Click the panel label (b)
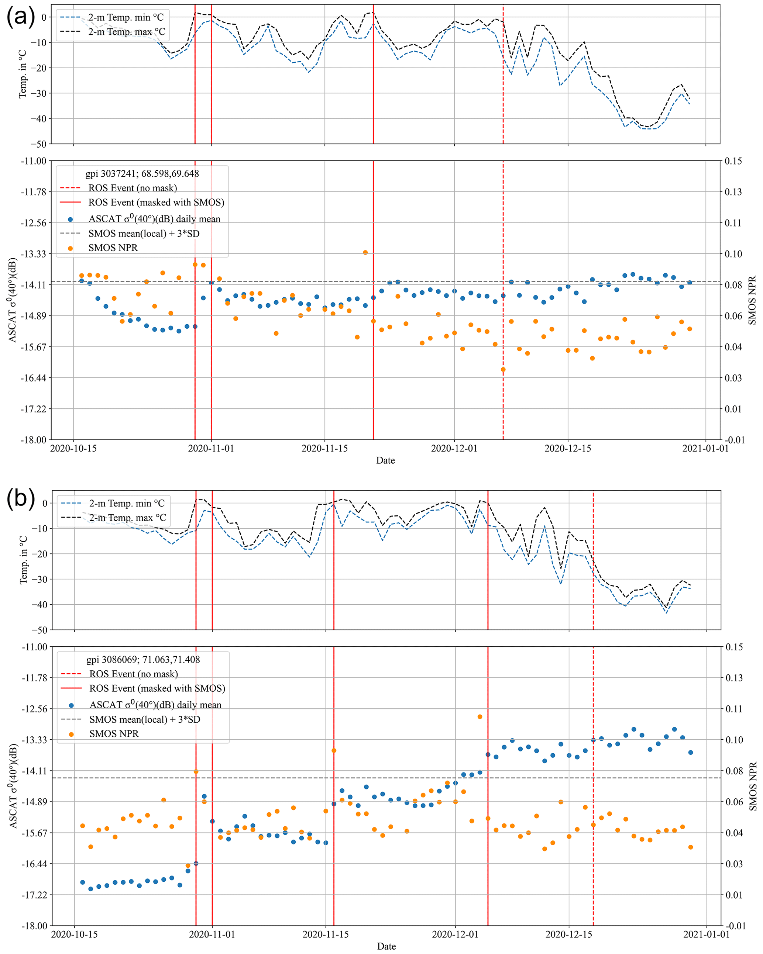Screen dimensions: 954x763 (20, 499)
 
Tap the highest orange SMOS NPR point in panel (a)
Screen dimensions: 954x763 (365, 253)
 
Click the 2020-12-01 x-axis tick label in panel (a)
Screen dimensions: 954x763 (454, 448)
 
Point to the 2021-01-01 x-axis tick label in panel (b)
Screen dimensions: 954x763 (706, 934)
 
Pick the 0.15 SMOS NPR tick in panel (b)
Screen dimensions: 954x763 (733, 647)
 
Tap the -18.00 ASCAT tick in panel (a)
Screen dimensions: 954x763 (34, 440)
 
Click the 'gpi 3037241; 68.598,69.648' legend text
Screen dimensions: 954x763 (142, 174)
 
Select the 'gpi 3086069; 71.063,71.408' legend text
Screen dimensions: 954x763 (143, 660)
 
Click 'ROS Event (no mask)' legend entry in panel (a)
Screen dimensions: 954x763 (133, 188)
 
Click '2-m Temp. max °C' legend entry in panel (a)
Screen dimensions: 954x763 (127, 32)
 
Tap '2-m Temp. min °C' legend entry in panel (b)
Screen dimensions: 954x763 (127, 504)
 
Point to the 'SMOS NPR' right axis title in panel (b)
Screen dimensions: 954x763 (752, 786)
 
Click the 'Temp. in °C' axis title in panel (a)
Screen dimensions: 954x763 (23, 74)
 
